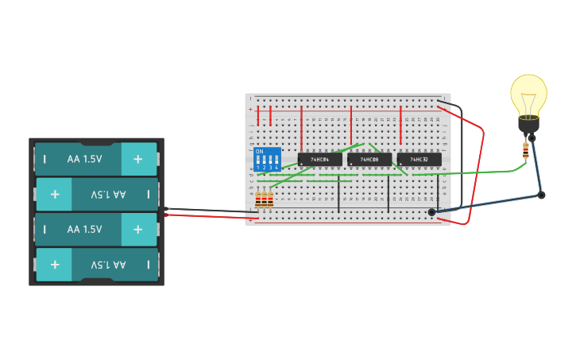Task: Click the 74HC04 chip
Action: (x=319, y=160)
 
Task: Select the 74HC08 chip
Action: (x=369, y=160)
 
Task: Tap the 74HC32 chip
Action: (x=419, y=160)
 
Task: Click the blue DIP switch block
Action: (x=268, y=158)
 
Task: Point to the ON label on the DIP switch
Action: (x=259, y=151)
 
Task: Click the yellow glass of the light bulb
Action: (x=528, y=94)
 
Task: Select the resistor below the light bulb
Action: (x=525, y=149)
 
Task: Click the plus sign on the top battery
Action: (x=138, y=159)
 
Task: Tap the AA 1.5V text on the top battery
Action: (x=84, y=159)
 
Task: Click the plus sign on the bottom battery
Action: (x=55, y=264)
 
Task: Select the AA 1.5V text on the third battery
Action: (x=84, y=229)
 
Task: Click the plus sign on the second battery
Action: (x=55, y=194)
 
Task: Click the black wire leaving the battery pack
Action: (x=207, y=211)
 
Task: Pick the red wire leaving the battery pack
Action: (x=207, y=216)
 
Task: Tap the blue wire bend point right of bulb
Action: (x=541, y=195)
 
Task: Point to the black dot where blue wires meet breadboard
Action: (x=431, y=212)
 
